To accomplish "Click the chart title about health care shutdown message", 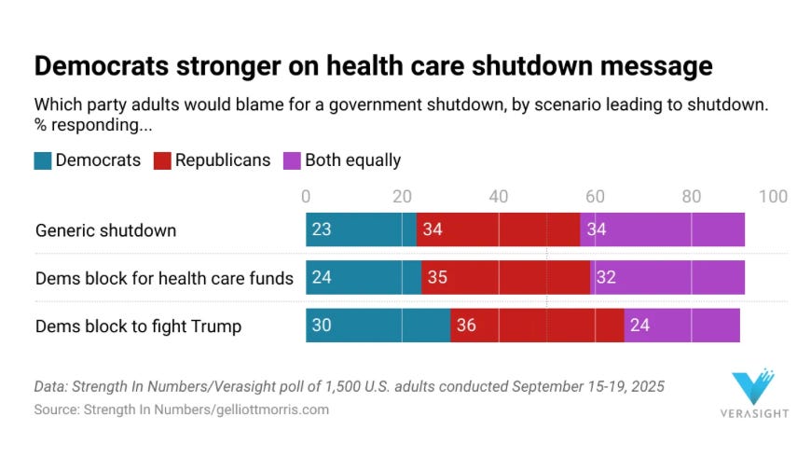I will click(x=373, y=66).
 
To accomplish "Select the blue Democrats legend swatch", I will click(x=43, y=160).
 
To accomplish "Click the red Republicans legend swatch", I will click(x=162, y=160).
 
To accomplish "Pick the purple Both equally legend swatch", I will click(x=292, y=160).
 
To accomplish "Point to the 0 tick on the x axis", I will click(x=306, y=196).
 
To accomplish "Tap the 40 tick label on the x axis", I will click(x=499, y=196).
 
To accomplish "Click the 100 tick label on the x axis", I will click(x=773, y=196).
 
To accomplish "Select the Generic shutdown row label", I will click(x=105, y=230).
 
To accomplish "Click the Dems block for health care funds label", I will click(x=164, y=278).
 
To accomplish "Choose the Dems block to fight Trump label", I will click(x=138, y=326).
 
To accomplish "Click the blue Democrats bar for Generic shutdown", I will click(x=361, y=229).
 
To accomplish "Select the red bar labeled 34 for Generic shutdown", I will click(x=498, y=229).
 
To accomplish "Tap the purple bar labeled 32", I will click(x=667, y=278).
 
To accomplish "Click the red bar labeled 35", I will click(x=505, y=278).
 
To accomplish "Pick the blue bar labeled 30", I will click(x=378, y=326).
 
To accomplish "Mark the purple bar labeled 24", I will click(x=681, y=326).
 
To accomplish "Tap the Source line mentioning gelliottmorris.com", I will click(x=182, y=410).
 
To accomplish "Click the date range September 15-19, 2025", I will click(x=586, y=386).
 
